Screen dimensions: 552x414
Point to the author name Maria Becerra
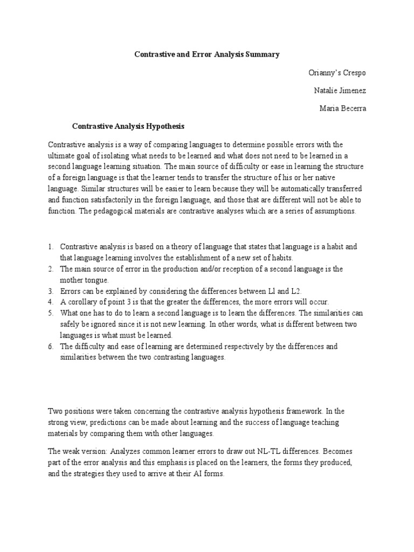click(x=342, y=108)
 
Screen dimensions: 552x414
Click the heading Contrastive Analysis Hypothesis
click(x=128, y=126)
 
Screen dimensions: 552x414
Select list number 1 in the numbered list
click(x=50, y=246)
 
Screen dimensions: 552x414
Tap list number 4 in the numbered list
click(x=50, y=301)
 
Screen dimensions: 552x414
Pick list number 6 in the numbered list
click(x=50, y=346)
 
